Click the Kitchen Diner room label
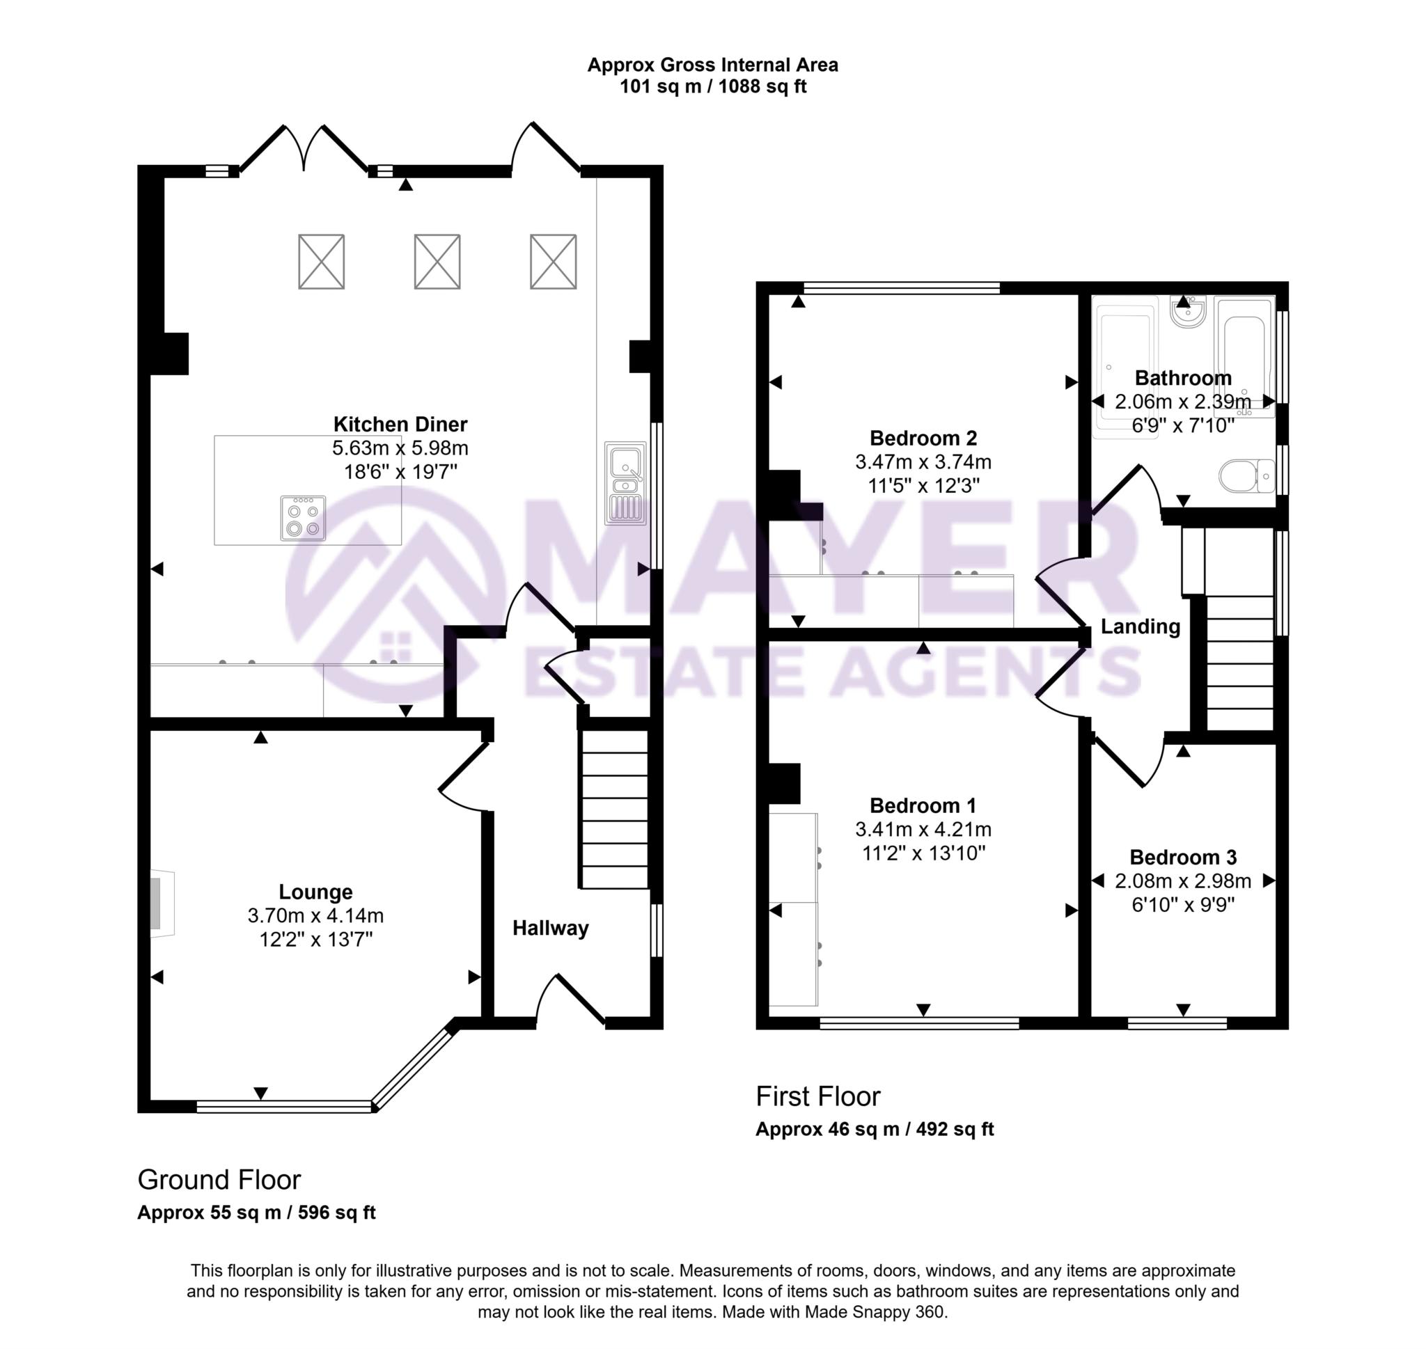400,424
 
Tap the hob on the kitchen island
303,518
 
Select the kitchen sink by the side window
624,482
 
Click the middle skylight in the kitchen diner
437,261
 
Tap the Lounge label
315,892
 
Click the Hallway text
550,929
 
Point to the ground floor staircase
614,810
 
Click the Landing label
1140,626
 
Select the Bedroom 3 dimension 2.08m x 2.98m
1182,881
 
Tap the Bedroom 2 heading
923,438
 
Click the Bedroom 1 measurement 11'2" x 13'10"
923,853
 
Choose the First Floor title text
817,1096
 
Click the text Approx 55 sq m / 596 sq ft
256,1213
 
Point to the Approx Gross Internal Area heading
712,65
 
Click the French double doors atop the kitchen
304,150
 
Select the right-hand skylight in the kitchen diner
552,261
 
